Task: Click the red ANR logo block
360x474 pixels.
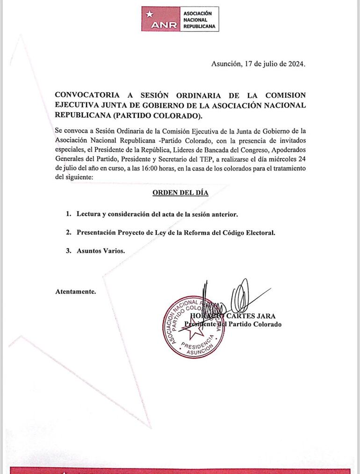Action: [x=160, y=19]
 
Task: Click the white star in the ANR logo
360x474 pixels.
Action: [x=149, y=14]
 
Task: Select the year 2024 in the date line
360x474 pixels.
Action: [x=295, y=64]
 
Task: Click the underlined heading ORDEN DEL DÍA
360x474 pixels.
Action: [x=180, y=193]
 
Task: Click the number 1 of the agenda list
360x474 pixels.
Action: [x=68, y=214]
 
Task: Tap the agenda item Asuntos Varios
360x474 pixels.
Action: [x=101, y=251]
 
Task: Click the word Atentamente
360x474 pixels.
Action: [x=75, y=291]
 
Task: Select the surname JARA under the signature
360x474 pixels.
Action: [x=265, y=316]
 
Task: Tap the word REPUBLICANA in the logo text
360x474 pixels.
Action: [x=200, y=27]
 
